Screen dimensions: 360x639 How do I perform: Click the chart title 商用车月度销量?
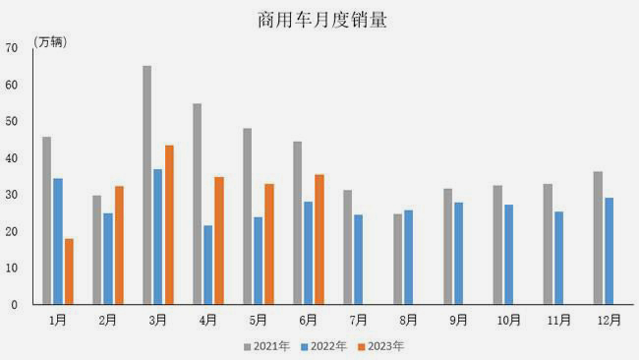pos(319,19)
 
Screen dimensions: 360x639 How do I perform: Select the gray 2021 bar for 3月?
pos(146,185)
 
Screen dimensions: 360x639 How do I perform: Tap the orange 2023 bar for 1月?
pos(69,271)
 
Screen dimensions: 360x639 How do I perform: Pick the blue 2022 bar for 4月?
pos(207,265)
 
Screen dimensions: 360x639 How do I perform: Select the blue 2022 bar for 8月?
pos(408,257)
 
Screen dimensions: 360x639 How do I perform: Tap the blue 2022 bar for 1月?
pos(58,241)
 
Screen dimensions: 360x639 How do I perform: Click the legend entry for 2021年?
pos(266,345)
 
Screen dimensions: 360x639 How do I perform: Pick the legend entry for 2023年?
pos(380,345)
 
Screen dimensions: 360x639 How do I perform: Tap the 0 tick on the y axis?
pos(15,305)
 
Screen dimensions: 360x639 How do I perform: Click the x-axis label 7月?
pos(357,320)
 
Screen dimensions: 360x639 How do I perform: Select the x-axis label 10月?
pos(507,320)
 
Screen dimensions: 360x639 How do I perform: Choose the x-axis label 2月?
pos(107,320)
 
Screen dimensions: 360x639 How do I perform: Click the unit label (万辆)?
pos(51,41)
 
